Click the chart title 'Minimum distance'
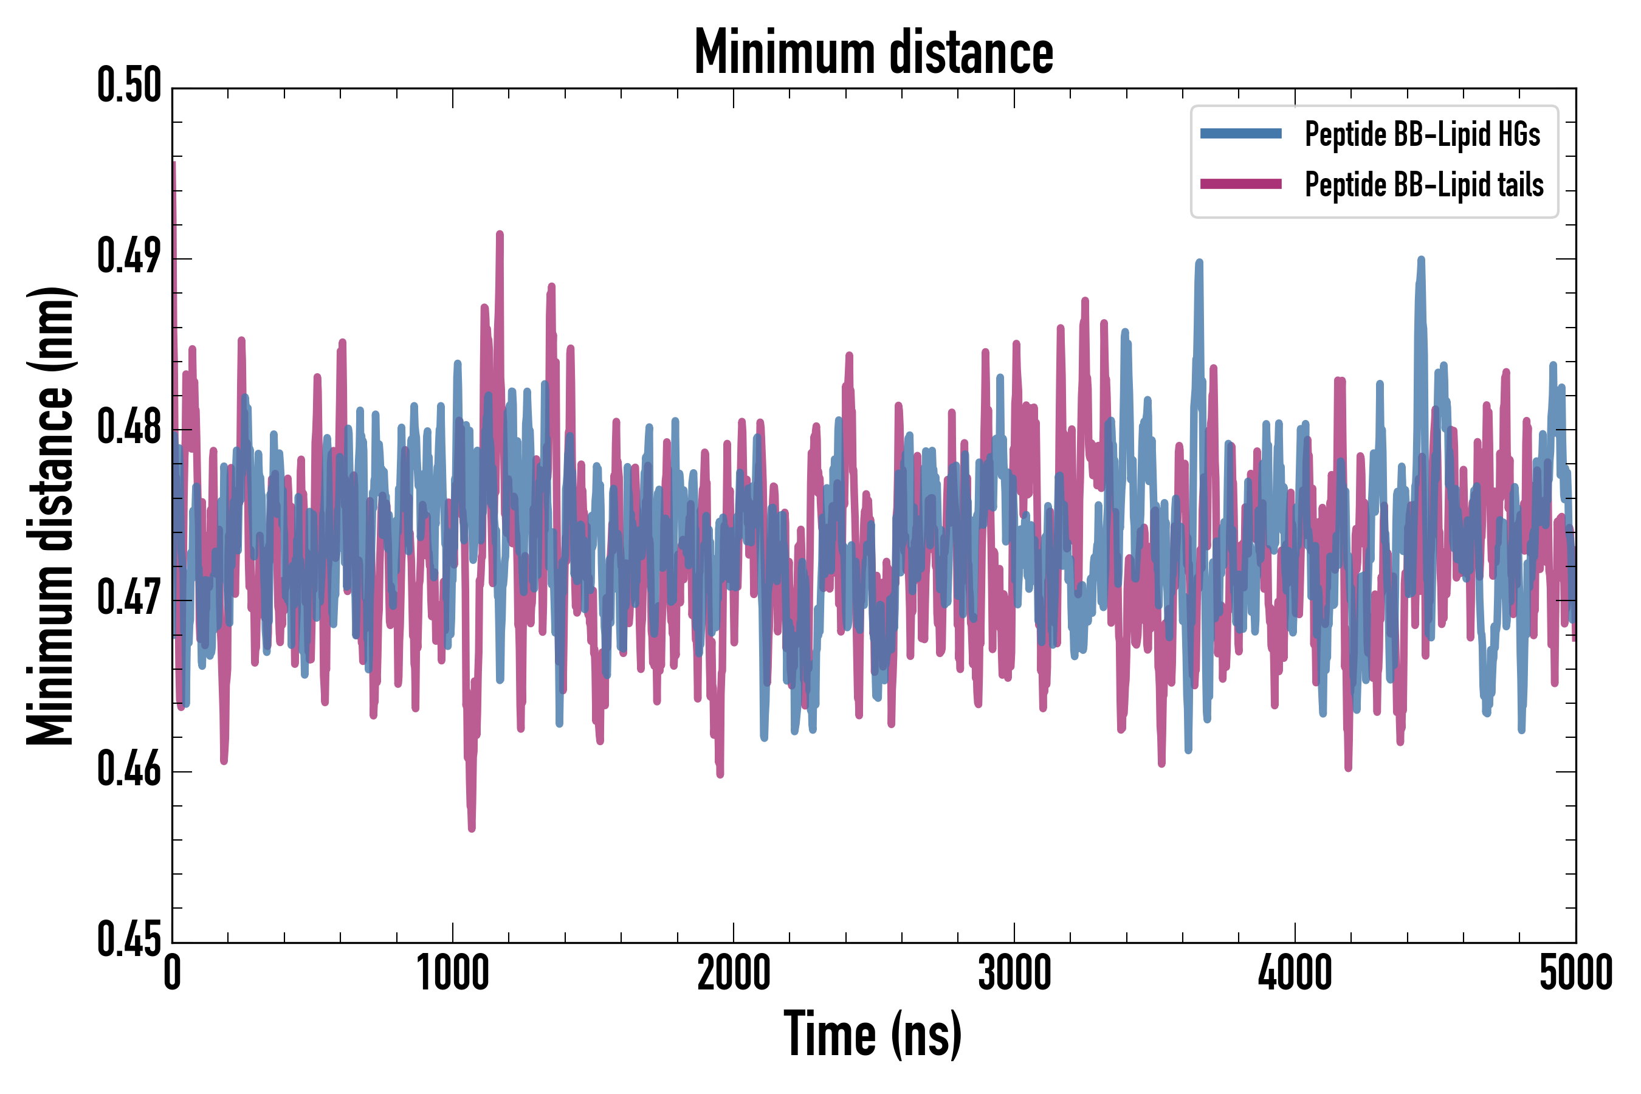(873, 52)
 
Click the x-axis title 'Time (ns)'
(872, 1034)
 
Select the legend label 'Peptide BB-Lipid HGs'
(1422, 134)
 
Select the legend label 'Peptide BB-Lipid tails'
(1424, 185)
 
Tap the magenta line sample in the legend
(1240, 184)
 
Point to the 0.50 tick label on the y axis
(129, 86)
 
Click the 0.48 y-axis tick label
(129, 428)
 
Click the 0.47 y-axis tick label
(129, 599)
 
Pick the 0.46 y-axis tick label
(129, 769)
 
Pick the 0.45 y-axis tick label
(129, 940)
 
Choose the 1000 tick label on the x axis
(453, 973)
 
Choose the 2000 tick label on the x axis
(734, 973)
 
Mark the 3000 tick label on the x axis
(1014, 973)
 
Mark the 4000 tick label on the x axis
(1295, 973)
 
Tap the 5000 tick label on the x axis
(1575, 973)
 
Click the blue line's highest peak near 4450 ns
(1421, 260)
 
